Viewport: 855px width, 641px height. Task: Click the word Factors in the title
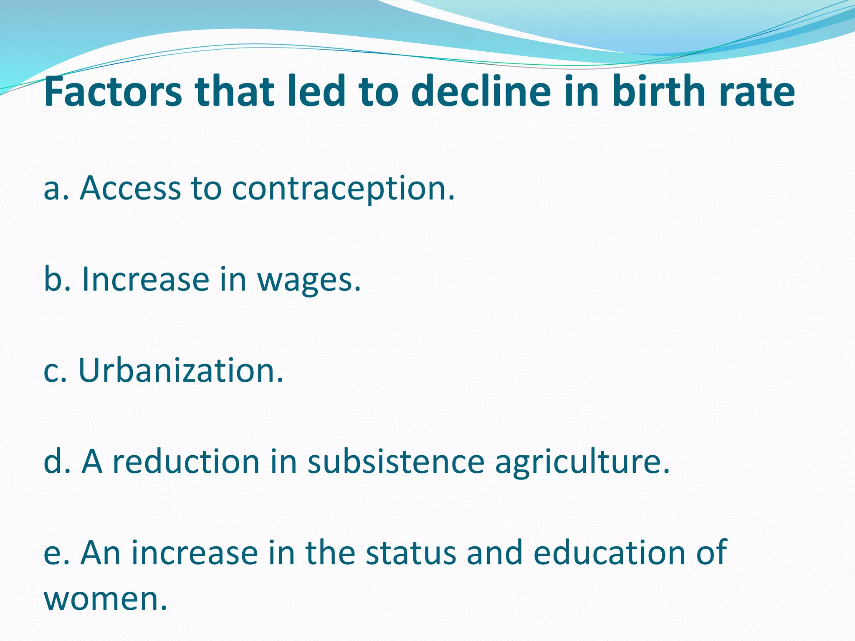coord(113,91)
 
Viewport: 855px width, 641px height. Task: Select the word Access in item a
coord(130,188)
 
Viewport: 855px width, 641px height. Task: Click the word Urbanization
coord(180,371)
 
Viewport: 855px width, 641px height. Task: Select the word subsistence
coord(396,462)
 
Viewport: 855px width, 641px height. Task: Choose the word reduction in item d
coord(186,462)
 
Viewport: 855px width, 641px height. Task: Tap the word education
coord(610,553)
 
